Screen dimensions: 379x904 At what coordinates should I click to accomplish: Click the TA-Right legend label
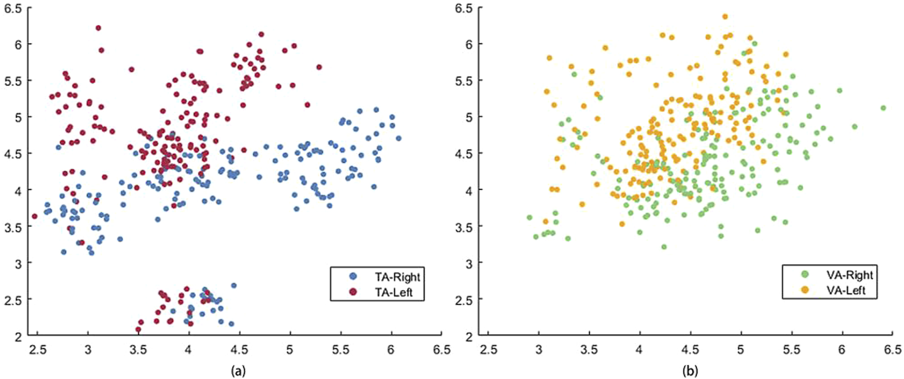(397, 277)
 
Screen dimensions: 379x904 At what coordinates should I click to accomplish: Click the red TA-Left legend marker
(353, 292)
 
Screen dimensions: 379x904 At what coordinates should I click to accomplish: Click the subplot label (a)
(237, 371)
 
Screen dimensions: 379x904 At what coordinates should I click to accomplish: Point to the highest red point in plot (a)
(99, 28)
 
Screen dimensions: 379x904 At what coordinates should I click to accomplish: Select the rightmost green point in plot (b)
(883, 108)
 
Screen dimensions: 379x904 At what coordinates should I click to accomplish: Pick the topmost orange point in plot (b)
(725, 16)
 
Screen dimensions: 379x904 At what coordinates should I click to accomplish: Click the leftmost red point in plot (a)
(34, 216)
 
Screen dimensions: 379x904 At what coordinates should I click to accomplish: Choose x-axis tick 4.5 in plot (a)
(239, 350)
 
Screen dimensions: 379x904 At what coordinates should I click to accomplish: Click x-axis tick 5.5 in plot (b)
(791, 350)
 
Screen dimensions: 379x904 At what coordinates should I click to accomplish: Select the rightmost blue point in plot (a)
(399, 138)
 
